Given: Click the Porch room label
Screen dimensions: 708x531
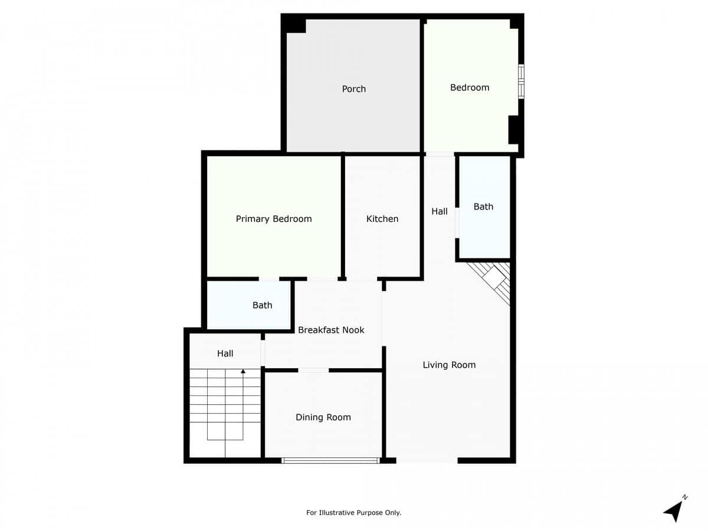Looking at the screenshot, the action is pos(353,88).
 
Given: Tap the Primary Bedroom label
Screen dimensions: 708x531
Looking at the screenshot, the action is pos(274,219).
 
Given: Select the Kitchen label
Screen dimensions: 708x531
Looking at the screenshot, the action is pos(382,219).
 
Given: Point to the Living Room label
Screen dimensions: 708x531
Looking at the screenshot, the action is pos(449,365).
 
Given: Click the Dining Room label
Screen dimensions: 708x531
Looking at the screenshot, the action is pos(323,417).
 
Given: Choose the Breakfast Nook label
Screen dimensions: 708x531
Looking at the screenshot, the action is pos(331,330).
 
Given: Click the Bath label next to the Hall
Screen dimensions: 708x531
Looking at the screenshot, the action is pos(483,206).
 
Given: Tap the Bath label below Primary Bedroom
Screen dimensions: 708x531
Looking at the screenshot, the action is pos(262,305).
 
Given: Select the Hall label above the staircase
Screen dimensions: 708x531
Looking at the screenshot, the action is pos(225,353).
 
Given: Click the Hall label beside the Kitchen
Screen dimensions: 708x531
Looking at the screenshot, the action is pos(440,211).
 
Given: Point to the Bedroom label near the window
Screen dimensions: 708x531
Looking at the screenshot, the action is pos(470,87).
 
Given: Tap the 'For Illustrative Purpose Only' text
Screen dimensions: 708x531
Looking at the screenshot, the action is pos(353,513).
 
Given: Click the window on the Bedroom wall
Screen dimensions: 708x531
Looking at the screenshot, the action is pos(521,82).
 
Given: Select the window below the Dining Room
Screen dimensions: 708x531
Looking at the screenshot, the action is pos(330,460).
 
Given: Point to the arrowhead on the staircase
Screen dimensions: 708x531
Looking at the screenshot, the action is pos(243,372).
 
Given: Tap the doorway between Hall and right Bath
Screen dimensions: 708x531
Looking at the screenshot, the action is pos(457,223).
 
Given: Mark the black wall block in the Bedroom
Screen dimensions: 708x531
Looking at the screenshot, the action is pos(513,130).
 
